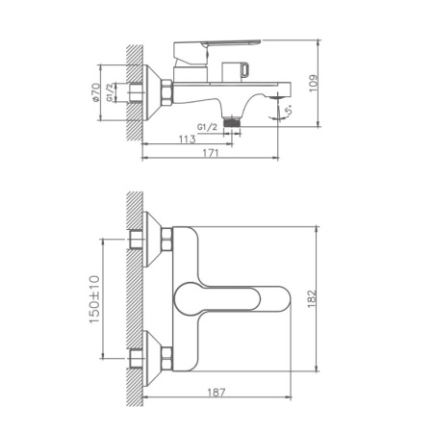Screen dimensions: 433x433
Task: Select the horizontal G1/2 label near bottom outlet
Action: click(x=206, y=125)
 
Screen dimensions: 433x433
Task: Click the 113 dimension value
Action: click(x=189, y=139)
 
